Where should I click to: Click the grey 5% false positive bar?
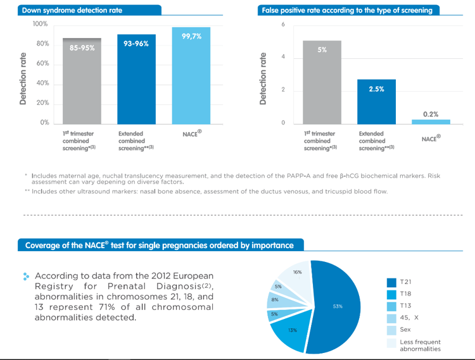click(x=322, y=82)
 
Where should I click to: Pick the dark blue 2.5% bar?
click(x=376, y=101)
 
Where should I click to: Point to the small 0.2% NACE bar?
click(x=431, y=121)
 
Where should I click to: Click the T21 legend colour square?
click(x=391, y=282)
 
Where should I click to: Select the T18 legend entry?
click(x=406, y=294)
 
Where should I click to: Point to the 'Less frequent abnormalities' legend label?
click(x=420, y=345)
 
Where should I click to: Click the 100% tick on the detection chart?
click(x=41, y=24)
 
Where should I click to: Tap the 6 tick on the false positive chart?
click(x=283, y=24)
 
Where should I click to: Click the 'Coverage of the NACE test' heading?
click(x=159, y=245)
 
